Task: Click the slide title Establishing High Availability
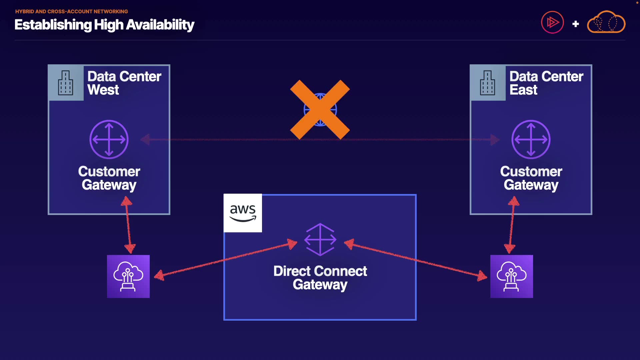pyautogui.click(x=104, y=25)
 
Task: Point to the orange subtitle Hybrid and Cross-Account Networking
pyautogui.click(x=71, y=11)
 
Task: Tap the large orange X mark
pyautogui.click(x=320, y=109)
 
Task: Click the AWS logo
pyautogui.click(x=243, y=213)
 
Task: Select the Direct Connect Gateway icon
pyautogui.click(x=320, y=239)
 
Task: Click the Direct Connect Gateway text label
pyautogui.click(x=320, y=278)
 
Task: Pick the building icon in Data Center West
pyautogui.click(x=66, y=83)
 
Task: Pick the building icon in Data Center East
pyautogui.click(x=487, y=83)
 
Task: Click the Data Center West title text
pyautogui.click(x=124, y=83)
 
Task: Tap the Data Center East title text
pyautogui.click(x=546, y=83)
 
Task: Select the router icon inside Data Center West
pyautogui.click(x=109, y=139)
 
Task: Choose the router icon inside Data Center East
pyautogui.click(x=531, y=139)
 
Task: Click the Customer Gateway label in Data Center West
pyautogui.click(x=109, y=178)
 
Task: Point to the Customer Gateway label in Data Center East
pyautogui.click(x=531, y=178)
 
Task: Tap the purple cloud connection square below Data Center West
pyautogui.click(x=128, y=276)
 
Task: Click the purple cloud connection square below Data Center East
pyautogui.click(x=511, y=276)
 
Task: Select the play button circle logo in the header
pyautogui.click(x=552, y=22)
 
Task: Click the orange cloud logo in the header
pyautogui.click(x=606, y=22)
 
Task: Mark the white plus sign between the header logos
pyautogui.click(x=575, y=24)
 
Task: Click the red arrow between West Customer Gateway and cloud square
pyautogui.click(x=128, y=225)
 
